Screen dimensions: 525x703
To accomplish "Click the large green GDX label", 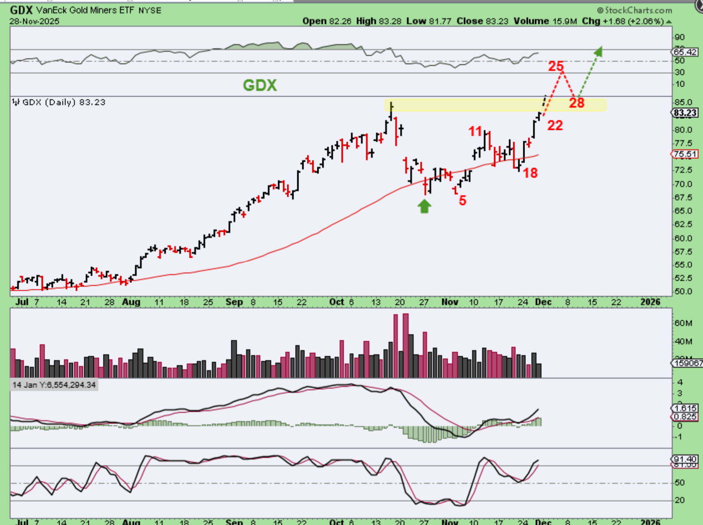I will pyautogui.click(x=260, y=85).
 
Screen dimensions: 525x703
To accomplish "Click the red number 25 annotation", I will pyautogui.click(x=555, y=66).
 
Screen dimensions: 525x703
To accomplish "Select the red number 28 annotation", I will pyautogui.click(x=577, y=103).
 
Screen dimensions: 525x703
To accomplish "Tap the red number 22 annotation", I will pyautogui.click(x=555, y=125).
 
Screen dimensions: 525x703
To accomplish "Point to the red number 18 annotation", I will pyautogui.click(x=530, y=173).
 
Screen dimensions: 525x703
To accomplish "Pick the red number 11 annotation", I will pyautogui.click(x=475, y=132).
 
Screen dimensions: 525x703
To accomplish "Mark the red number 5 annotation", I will pyautogui.click(x=462, y=200).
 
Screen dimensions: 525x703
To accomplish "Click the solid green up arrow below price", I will pyautogui.click(x=424, y=206).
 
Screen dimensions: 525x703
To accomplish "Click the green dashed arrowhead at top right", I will pyautogui.click(x=599, y=51).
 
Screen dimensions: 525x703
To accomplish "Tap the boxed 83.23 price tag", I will pyautogui.click(x=685, y=113).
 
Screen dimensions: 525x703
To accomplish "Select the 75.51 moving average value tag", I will pyautogui.click(x=685, y=154).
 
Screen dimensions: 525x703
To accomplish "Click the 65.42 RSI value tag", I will pyautogui.click(x=685, y=52).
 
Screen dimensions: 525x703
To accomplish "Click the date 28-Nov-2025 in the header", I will pyautogui.click(x=35, y=21).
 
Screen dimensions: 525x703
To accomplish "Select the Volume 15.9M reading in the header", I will pyautogui.click(x=545, y=21).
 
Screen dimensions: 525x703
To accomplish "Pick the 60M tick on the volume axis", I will pyautogui.click(x=683, y=323).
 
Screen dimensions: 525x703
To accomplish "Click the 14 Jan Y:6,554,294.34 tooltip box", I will pyautogui.click(x=54, y=385).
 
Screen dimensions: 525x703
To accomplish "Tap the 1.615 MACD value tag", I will pyautogui.click(x=685, y=408).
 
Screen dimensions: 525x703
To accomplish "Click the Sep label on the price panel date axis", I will pyautogui.click(x=234, y=302).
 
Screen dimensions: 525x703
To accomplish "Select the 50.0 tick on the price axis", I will pyautogui.click(x=683, y=291).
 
